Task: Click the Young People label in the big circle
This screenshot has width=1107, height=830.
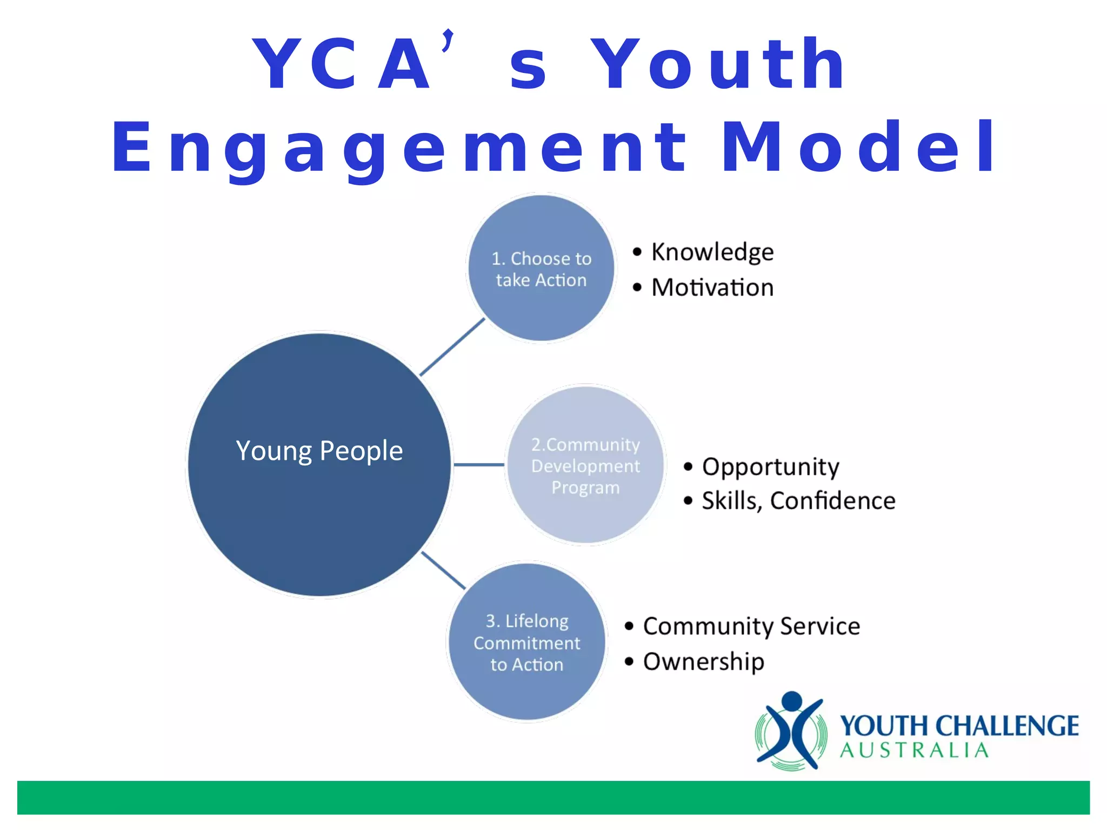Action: click(319, 451)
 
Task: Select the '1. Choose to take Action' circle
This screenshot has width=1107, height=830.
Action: click(541, 269)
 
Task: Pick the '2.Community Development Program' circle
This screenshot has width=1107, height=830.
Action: click(585, 465)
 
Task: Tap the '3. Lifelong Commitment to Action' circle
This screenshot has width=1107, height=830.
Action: click(527, 642)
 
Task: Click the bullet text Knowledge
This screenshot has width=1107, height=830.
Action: click(712, 252)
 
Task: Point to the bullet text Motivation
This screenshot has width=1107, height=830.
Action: click(712, 287)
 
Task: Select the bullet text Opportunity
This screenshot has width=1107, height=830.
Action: click(770, 467)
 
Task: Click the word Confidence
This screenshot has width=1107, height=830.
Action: click(832, 501)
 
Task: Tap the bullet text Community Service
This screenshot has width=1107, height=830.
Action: click(751, 626)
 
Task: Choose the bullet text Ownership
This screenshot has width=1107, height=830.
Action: click(704, 662)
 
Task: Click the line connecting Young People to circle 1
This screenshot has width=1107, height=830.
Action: click(452, 347)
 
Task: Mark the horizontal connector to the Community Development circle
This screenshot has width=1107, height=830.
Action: click(479, 465)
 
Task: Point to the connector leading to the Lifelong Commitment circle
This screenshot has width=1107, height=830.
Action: click(443, 571)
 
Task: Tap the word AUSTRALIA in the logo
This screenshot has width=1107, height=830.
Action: click(914, 751)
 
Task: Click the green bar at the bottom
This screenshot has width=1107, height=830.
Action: click(553, 797)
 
